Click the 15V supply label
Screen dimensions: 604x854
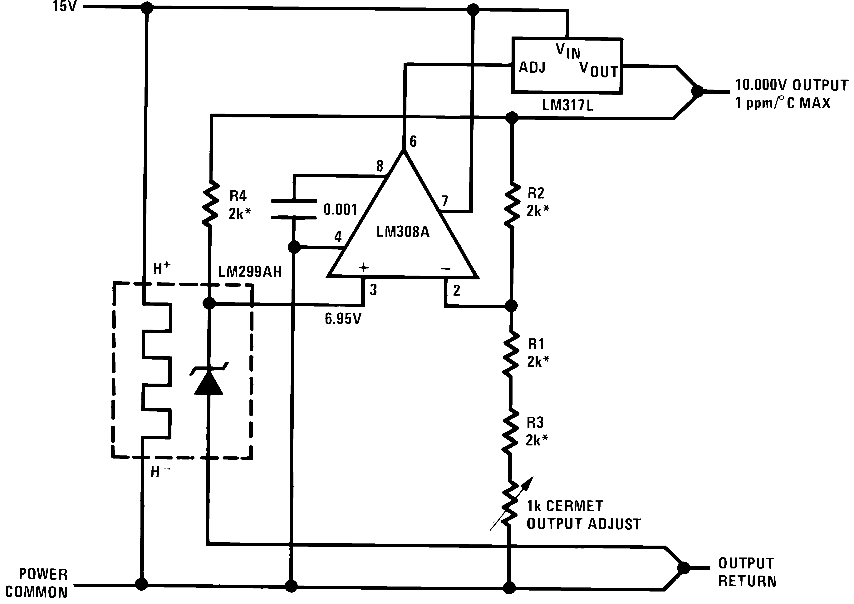click(x=64, y=7)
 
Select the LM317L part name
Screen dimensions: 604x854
click(x=568, y=106)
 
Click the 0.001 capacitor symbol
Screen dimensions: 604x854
click(x=294, y=209)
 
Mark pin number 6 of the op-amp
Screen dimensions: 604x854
click(x=413, y=141)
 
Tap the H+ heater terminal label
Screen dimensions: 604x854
click(x=161, y=268)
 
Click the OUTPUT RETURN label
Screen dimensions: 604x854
click(x=747, y=572)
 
